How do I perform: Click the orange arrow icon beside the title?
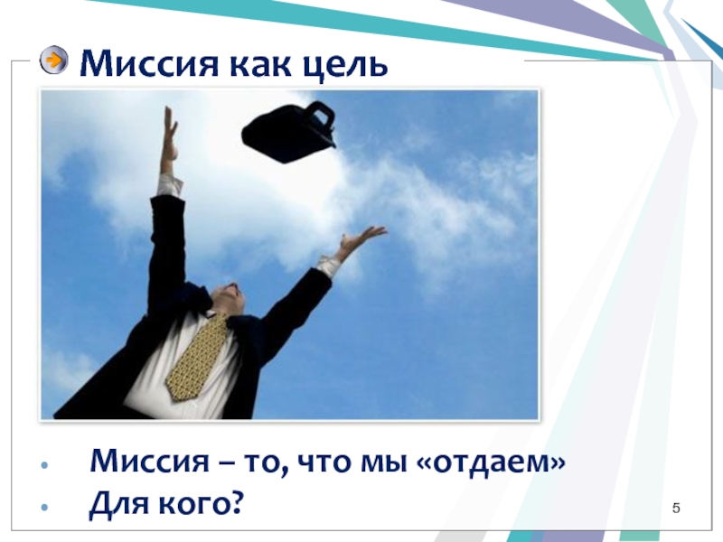click(54, 60)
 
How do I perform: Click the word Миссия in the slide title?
click(148, 64)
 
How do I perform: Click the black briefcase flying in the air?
click(289, 132)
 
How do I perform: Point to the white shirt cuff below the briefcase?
click(170, 185)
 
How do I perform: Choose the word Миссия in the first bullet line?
click(149, 461)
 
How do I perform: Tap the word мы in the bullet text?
click(383, 463)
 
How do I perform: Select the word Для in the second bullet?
click(120, 503)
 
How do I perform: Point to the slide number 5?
click(676, 508)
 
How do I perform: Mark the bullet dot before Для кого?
click(44, 507)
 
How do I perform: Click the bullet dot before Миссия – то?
click(44, 464)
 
